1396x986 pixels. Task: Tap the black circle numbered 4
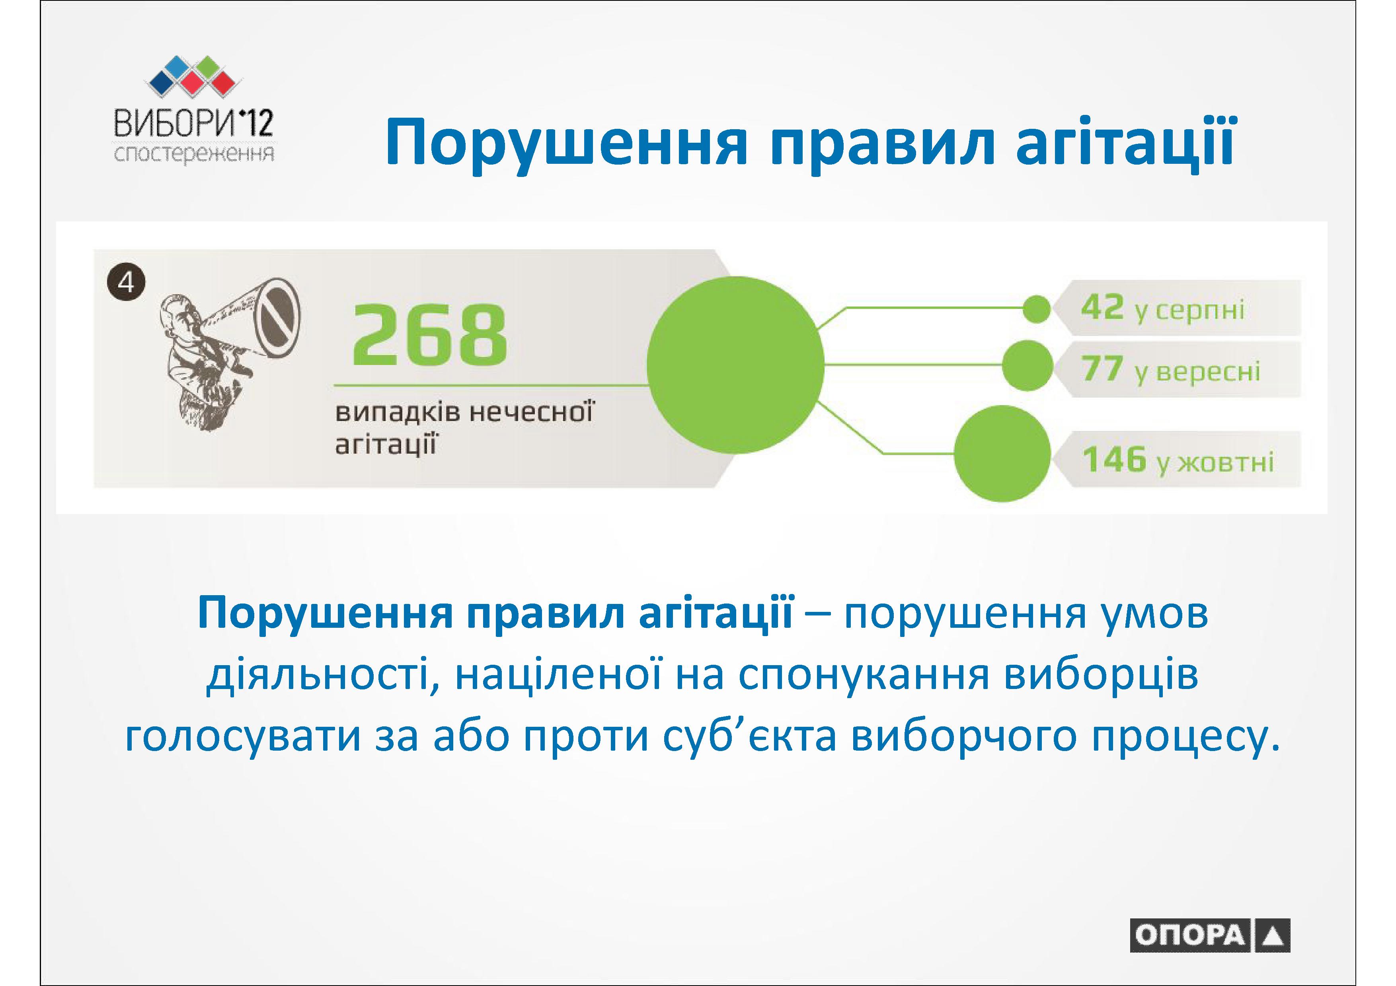coord(126,282)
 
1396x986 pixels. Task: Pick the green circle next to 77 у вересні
coord(1027,365)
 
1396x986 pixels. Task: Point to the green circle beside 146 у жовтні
coord(1002,454)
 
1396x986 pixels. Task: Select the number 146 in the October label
coord(1114,459)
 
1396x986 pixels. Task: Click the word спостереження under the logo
coord(194,154)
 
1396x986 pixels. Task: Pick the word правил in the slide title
coord(881,144)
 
